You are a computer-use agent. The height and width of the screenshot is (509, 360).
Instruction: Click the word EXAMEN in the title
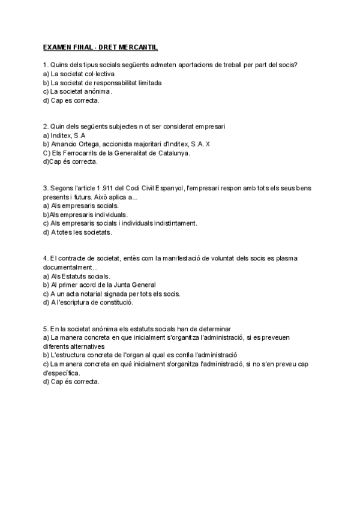click(57, 47)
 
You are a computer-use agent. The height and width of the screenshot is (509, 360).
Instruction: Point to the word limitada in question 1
click(147, 83)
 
